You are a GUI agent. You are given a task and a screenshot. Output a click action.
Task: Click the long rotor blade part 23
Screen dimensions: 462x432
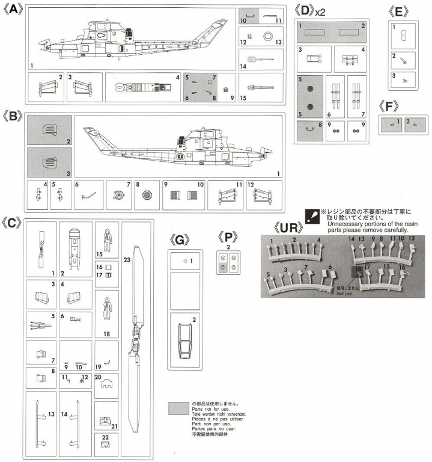click(x=138, y=337)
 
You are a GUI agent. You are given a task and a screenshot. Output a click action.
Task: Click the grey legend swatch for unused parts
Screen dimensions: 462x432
click(x=179, y=407)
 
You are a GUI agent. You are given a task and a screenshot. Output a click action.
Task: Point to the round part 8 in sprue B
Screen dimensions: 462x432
click(x=145, y=195)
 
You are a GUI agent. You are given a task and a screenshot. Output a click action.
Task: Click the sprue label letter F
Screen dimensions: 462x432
click(x=391, y=107)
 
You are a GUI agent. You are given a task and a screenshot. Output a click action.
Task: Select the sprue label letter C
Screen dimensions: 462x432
click(x=13, y=222)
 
